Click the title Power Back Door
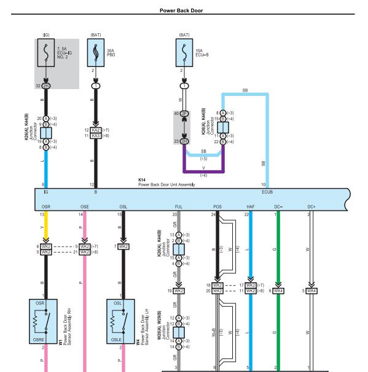pyautogui.click(x=181, y=10)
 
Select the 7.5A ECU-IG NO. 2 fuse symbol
pyautogui.click(x=46, y=53)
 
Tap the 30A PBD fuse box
pyautogui.click(x=96, y=53)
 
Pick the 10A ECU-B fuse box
pyautogui.click(x=184, y=53)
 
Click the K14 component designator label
pyautogui.click(x=142, y=180)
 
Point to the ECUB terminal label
pyautogui.click(x=267, y=192)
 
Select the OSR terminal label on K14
pyautogui.click(x=46, y=207)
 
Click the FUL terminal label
pyautogui.click(x=179, y=207)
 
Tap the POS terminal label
pyautogui.click(x=217, y=207)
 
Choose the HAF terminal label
pyautogui.click(x=251, y=207)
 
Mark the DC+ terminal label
pyautogui.click(x=311, y=207)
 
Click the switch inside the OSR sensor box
pyautogui.click(x=47, y=321)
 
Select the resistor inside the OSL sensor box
pyautogui.click(x=112, y=322)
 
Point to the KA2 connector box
pyautogui.click(x=96, y=130)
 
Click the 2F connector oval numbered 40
pyautogui.click(x=184, y=114)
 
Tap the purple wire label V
pyautogui.click(x=203, y=168)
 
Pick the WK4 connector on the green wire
pyautogui.click(x=278, y=291)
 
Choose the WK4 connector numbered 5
pyautogui.click(x=311, y=291)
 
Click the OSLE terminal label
pyautogui.click(x=116, y=340)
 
